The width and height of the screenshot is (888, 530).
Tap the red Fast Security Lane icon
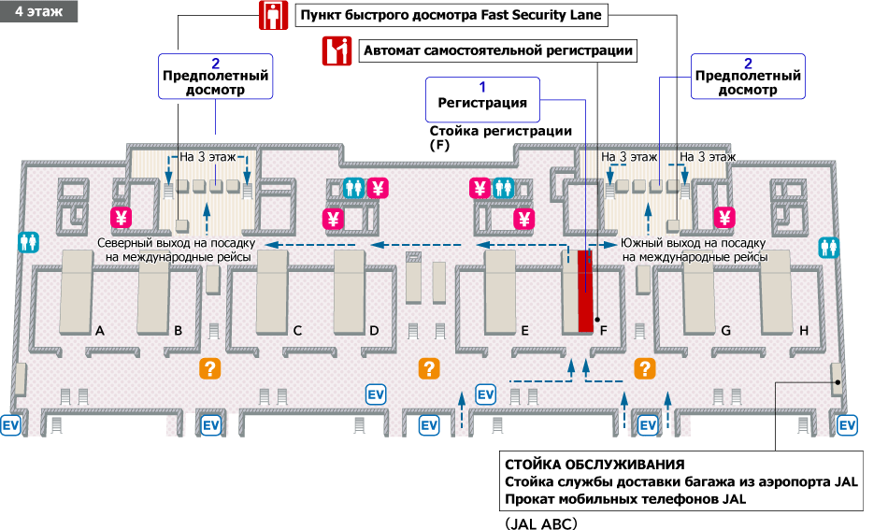[272, 17]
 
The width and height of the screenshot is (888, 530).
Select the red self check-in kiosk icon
[337, 51]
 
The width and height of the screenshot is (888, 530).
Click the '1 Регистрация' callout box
[482, 96]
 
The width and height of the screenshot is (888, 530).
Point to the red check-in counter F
[585, 290]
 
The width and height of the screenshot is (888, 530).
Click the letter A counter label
[99, 330]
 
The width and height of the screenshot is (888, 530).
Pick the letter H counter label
[802, 330]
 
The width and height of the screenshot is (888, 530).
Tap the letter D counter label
[374, 330]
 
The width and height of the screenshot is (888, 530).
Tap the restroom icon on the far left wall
[28, 242]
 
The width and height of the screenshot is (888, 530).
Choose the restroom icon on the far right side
[829, 247]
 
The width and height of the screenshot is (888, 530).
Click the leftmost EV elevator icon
[12, 424]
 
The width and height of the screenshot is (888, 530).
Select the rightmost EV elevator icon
[848, 425]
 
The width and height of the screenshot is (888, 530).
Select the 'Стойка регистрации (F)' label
[499, 138]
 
